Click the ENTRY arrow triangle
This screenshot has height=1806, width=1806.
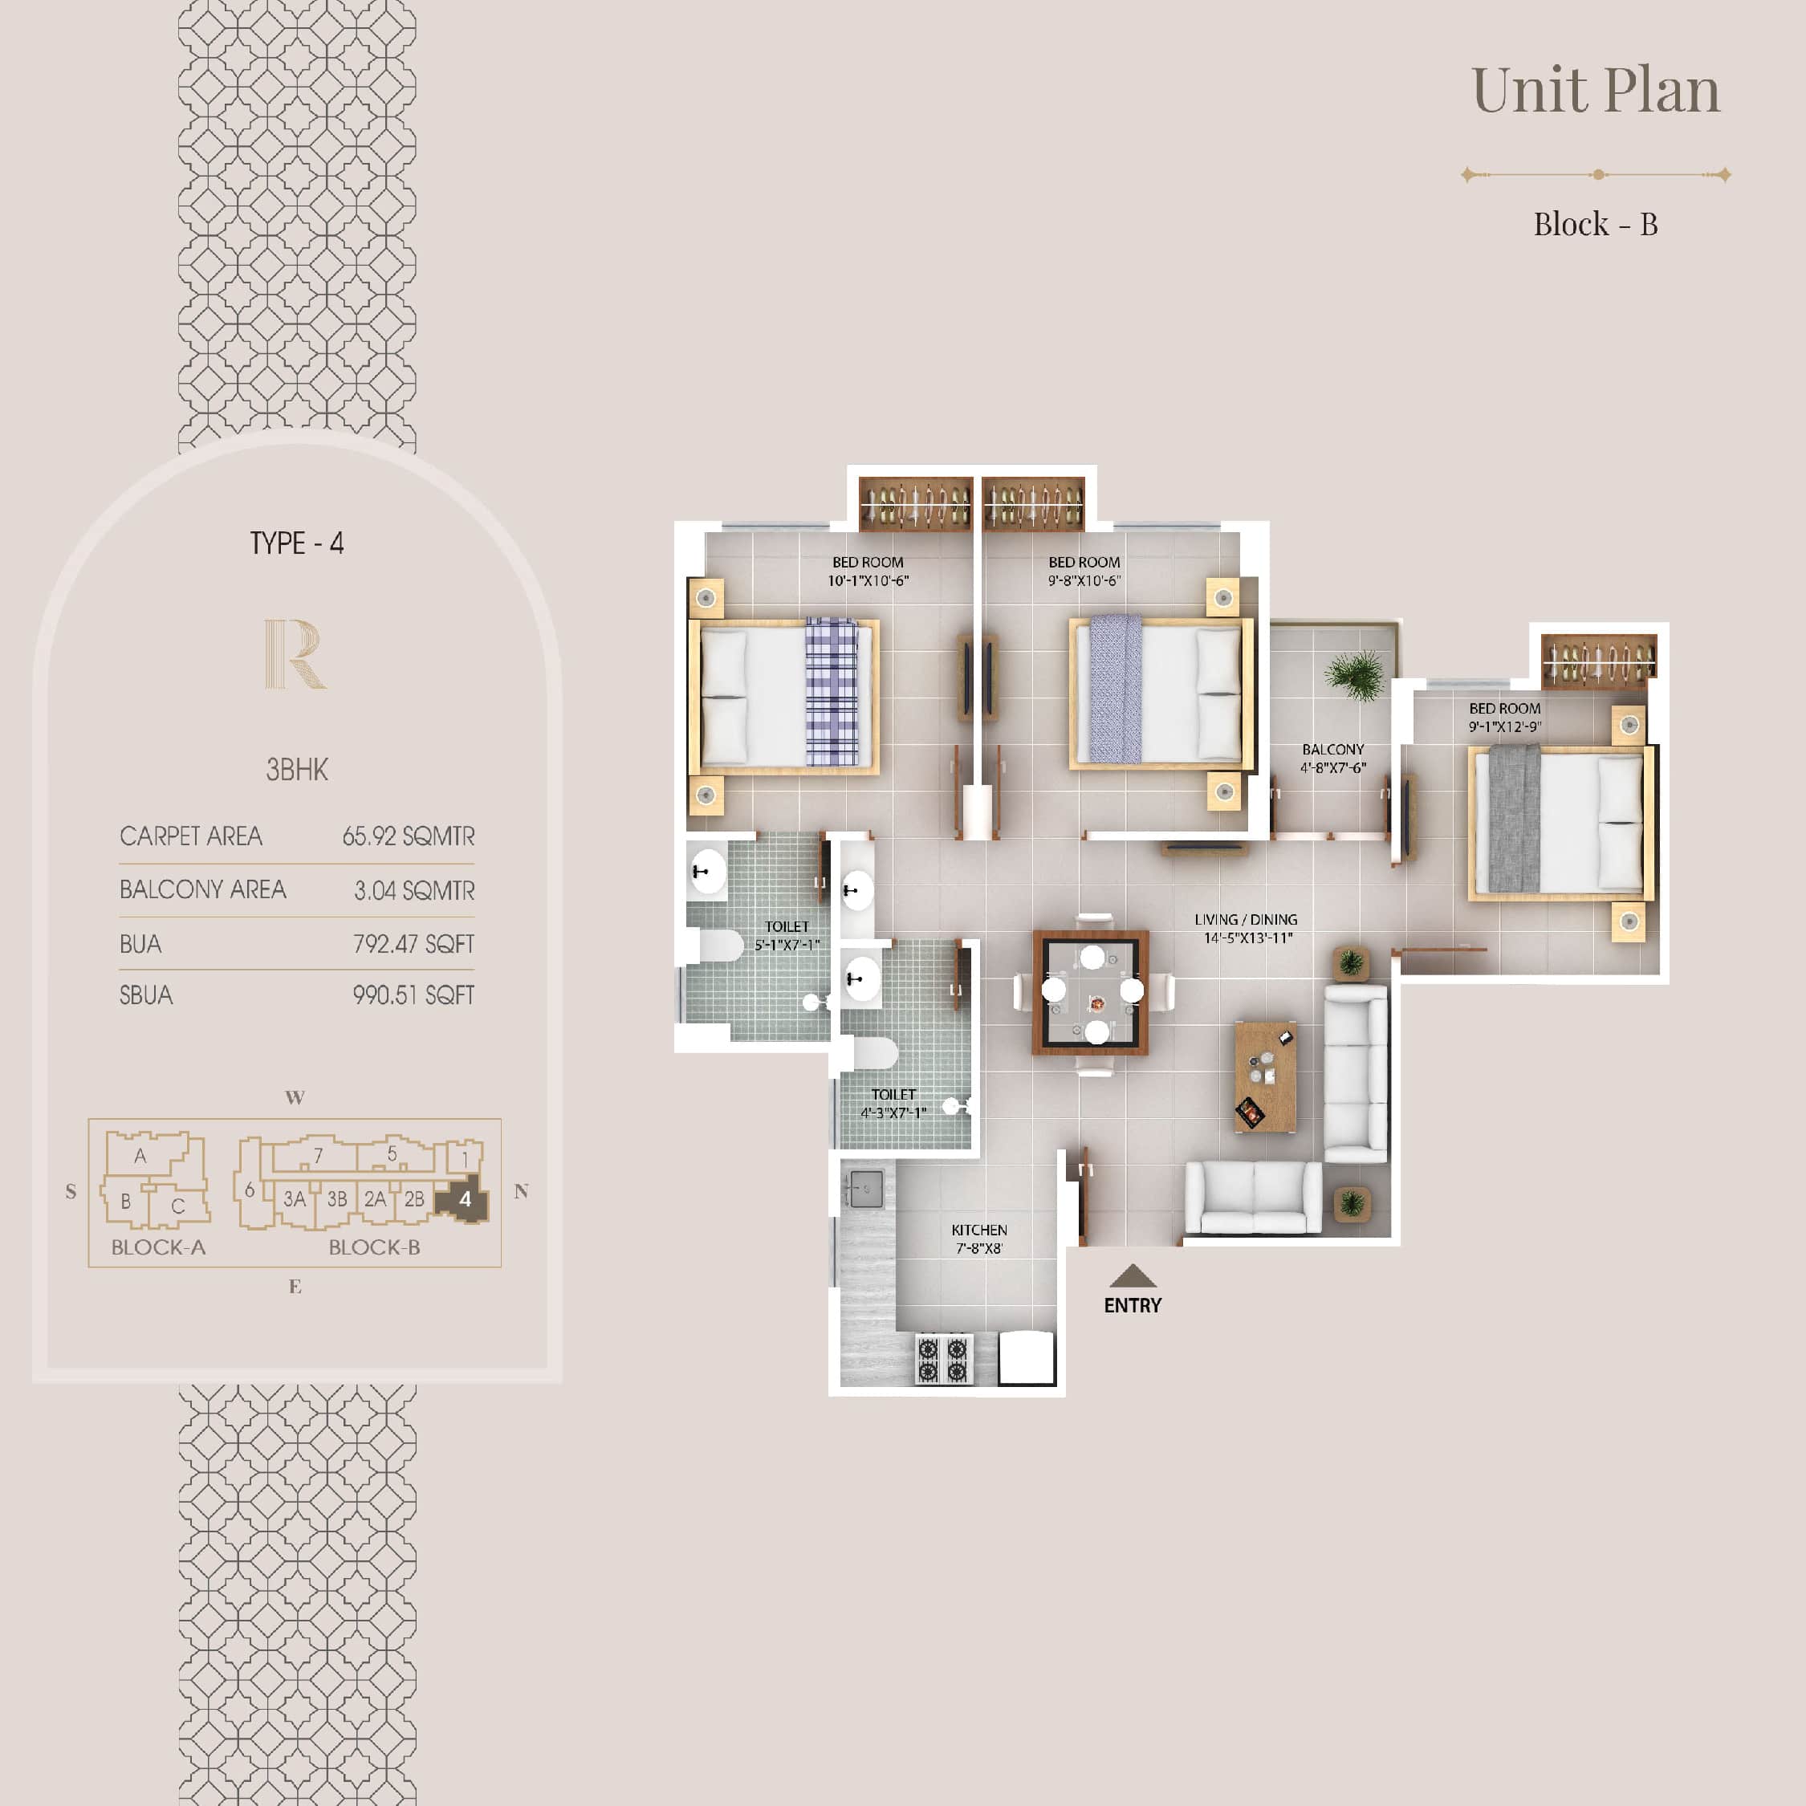click(x=1132, y=1276)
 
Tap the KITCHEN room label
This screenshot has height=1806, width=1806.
click(x=978, y=1230)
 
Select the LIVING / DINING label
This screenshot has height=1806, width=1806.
click(x=1245, y=920)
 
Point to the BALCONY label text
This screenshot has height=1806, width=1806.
click(x=1332, y=750)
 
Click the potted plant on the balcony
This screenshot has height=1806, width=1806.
click(x=1355, y=674)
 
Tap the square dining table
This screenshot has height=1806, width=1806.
click(x=1090, y=993)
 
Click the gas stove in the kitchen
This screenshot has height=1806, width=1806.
click(x=942, y=1359)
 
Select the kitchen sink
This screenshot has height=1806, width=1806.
click(x=864, y=1189)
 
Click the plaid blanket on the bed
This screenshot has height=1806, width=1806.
click(x=831, y=692)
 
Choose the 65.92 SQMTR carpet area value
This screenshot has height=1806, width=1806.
click(x=409, y=836)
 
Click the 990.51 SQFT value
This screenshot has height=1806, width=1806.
click(x=413, y=995)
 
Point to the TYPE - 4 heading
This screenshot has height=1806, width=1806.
click(x=296, y=543)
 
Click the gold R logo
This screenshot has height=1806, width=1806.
click(x=295, y=653)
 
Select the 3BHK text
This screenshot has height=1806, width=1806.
click(x=296, y=769)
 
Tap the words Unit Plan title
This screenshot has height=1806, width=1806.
click(x=1595, y=90)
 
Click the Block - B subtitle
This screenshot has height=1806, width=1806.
click(x=1595, y=225)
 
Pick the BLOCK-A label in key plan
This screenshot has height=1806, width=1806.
click(x=158, y=1247)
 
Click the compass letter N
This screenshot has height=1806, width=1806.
click(x=521, y=1191)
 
